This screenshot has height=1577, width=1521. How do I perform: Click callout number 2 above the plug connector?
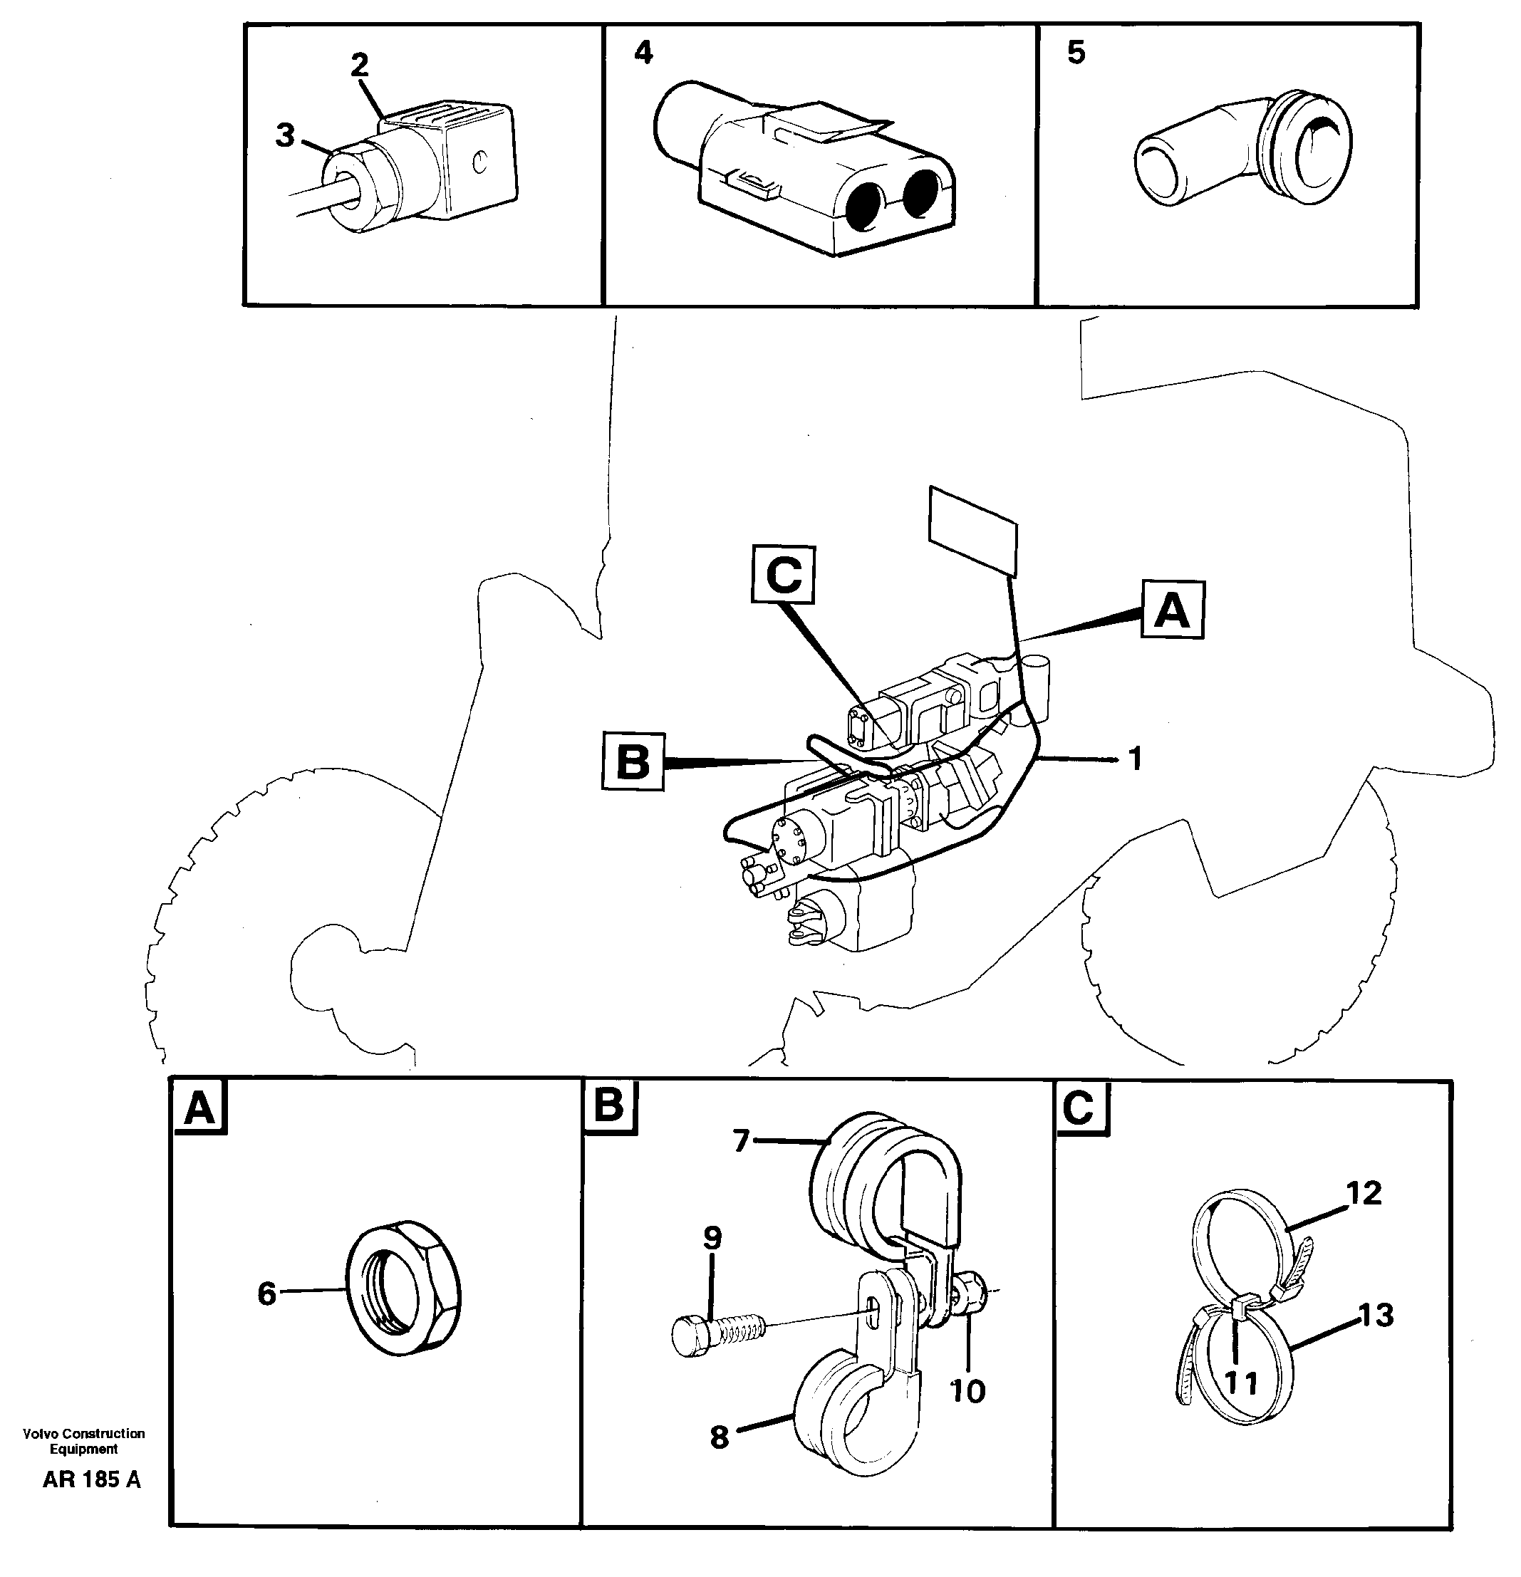[359, 64]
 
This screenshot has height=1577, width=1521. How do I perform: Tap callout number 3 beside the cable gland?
[285, 136]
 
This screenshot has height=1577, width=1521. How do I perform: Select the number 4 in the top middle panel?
[644, 53]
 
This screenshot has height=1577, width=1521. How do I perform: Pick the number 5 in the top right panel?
[1076, 53]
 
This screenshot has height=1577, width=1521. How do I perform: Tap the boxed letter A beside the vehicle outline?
[1172, 610]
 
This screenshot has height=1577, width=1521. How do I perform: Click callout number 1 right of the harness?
[1135, 759]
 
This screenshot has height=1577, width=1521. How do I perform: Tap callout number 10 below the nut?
[967, 1390]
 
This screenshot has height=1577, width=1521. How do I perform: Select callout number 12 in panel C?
[1365, 1192]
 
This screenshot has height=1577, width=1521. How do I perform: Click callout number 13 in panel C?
[1376, 1316]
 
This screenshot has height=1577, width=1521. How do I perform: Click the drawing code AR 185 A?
[92, 1479]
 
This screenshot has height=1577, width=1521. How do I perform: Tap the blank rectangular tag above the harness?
[973, 532]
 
